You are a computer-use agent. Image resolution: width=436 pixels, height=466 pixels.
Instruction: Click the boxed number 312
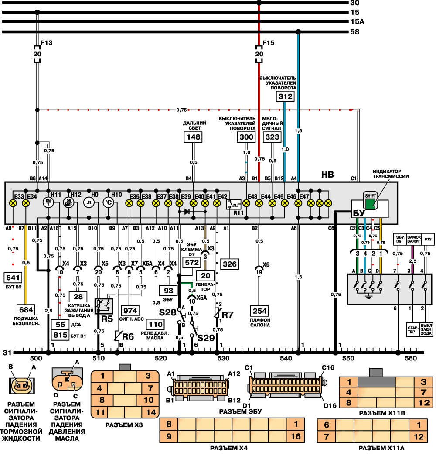click(x=286, y=96)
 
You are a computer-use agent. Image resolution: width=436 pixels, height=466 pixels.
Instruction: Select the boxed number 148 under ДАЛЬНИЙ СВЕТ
click(x=194, y=137)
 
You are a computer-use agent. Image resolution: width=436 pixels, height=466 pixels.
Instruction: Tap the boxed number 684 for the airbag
click(x=25, y=310)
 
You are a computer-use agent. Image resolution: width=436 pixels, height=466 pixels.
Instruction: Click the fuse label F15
click(x=268, y=43)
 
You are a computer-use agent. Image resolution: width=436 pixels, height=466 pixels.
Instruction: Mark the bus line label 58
click(x=354, y=32)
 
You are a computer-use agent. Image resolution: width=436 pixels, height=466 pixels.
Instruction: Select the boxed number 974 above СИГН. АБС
click(x=130, y=311)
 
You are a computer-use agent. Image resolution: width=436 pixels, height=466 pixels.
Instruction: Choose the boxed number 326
click(x=229, y=263)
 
